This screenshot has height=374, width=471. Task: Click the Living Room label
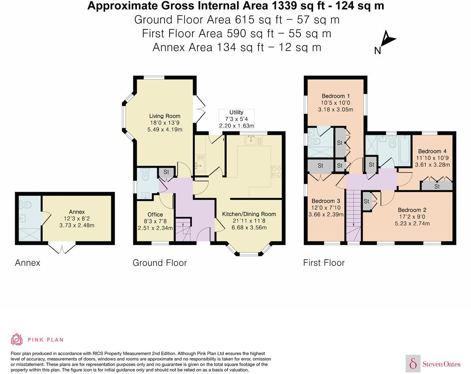click(x=165, y=116)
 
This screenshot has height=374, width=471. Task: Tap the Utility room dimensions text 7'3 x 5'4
click(x=236, y=119)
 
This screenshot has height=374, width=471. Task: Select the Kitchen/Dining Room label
click(x=249, y=214)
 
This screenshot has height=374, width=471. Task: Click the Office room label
click(x=155, y=215)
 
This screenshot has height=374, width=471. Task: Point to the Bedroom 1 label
click(x=335, y=96)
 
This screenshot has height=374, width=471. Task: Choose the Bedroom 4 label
click(x=432, y=151)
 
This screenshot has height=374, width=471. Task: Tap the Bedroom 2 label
click(x=412, y=210)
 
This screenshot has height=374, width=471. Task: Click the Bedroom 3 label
click(x=326, y=201)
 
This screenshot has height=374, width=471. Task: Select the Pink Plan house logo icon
click(x=17, y=340)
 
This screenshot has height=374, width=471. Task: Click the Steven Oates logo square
click(x=413, y=364)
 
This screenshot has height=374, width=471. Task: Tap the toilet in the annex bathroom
click(x=26, y=205)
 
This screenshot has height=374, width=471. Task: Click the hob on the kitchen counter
click(x=276, y=171)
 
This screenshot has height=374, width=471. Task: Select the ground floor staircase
click(x=183, y=229)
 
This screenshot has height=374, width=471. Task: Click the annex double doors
click(x=62, y=249)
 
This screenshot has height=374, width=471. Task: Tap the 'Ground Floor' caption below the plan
click(x=160, y=263)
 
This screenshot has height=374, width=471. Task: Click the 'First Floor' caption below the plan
click(x=324, y=263)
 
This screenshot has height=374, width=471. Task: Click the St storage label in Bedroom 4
click(x=437, y=186)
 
